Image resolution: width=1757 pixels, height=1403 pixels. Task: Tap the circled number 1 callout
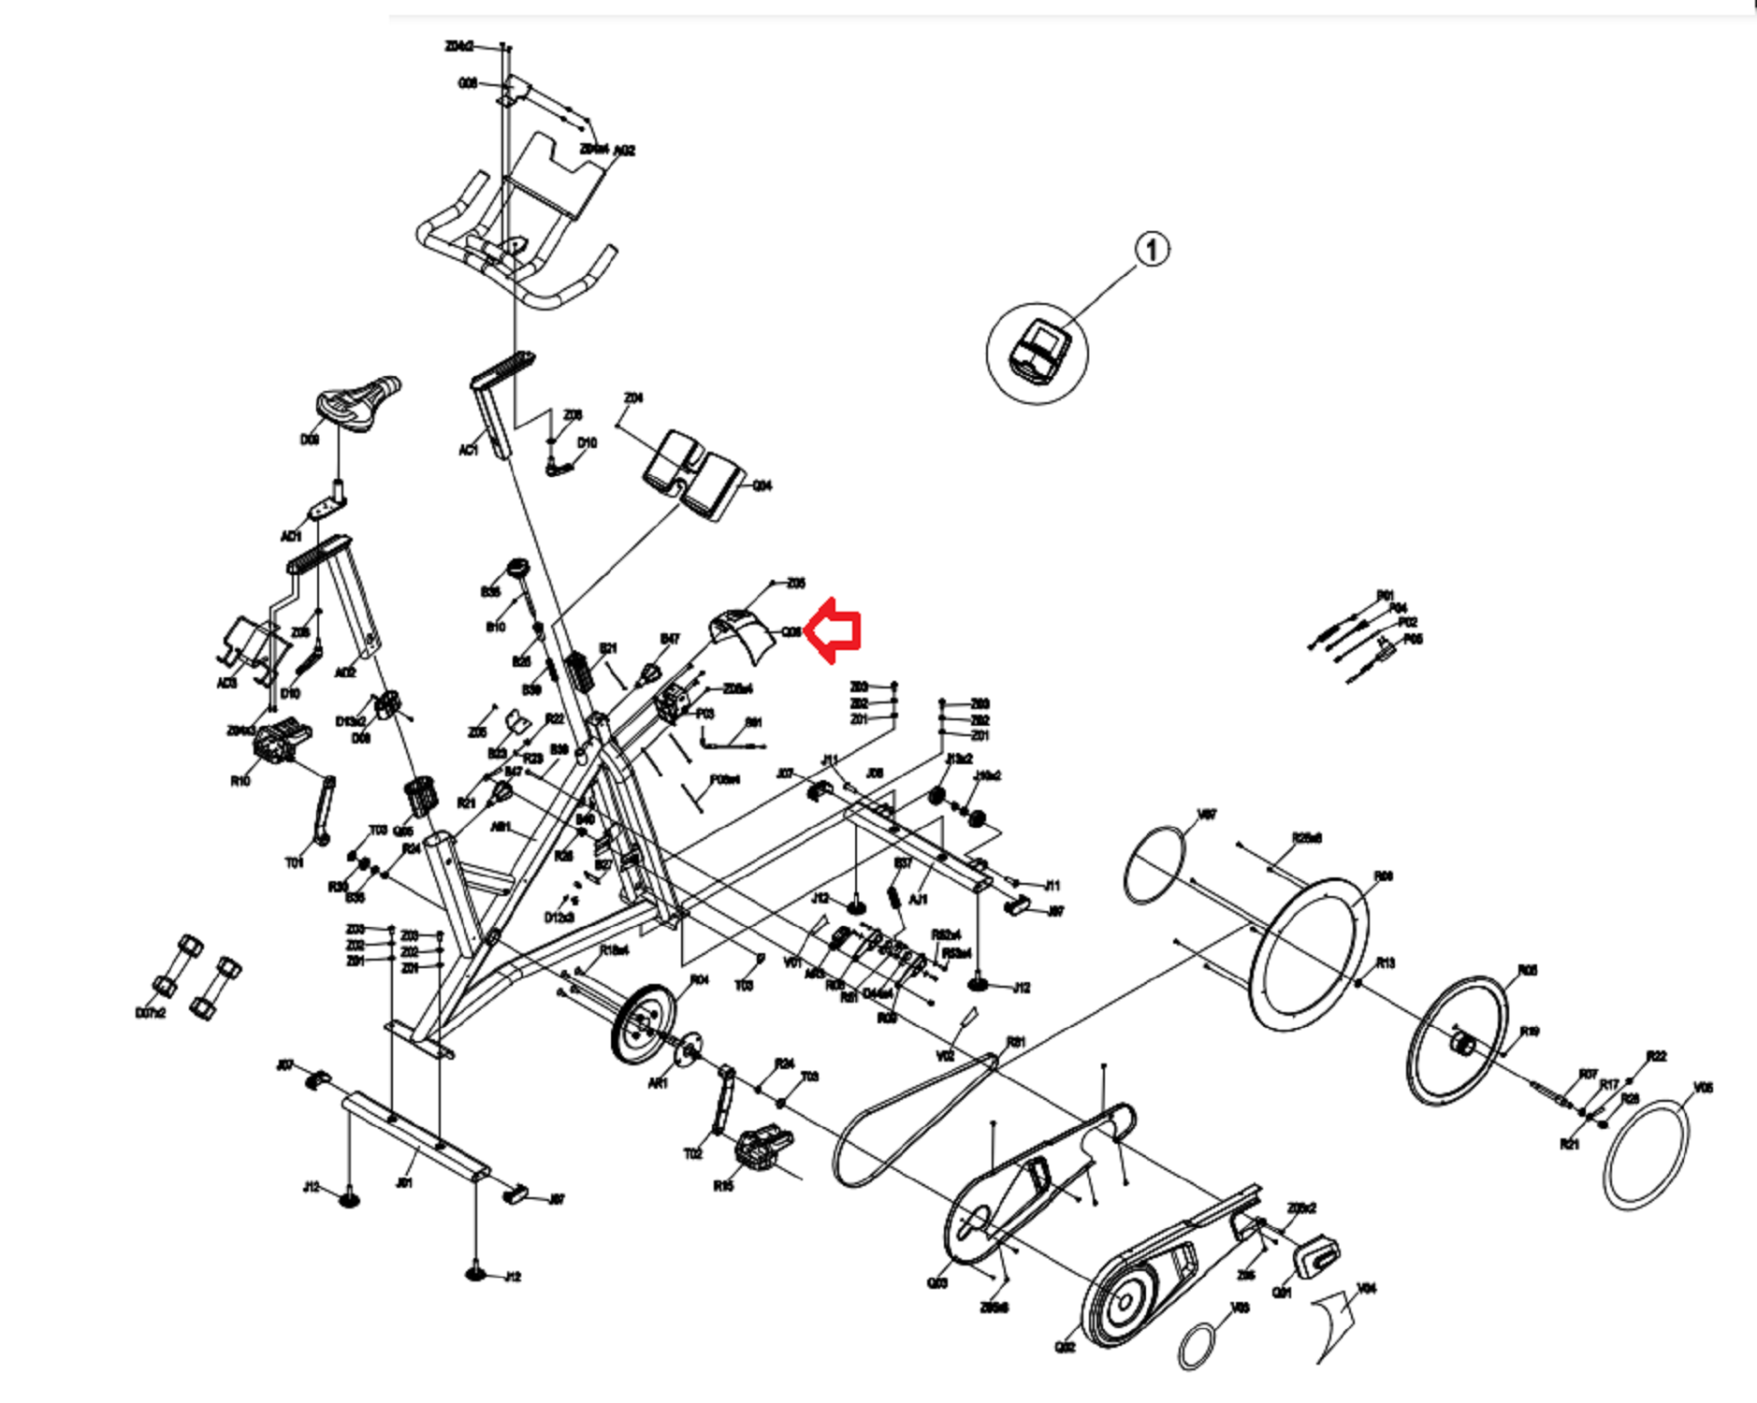(1152, 250)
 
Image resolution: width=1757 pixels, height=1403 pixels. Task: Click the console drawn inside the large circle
(1038, 352)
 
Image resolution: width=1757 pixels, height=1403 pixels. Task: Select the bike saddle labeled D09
(357, 402)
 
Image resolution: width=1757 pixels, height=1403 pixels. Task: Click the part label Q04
(762, 485)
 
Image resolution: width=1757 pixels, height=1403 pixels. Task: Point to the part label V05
(1703, 1088)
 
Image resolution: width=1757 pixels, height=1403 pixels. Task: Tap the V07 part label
(1207, 815)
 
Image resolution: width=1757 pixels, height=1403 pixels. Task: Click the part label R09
(1383, 876)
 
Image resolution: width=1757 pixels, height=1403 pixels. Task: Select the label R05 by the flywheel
(1527, 970)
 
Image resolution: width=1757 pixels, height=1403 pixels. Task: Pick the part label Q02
(1065, 1347)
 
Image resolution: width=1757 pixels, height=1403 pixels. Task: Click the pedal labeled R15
(764, 1148)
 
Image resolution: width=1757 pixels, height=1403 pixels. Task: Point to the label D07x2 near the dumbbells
(150, 1013)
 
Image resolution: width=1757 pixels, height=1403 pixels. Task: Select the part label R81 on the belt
(1016, 1042)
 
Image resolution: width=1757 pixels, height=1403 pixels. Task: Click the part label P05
(1413, 640)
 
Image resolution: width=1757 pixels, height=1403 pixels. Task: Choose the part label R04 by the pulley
(699, 979)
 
